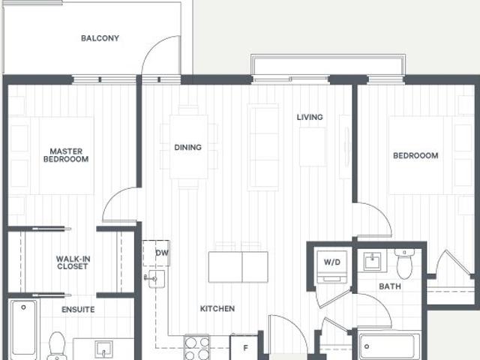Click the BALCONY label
point(100,38)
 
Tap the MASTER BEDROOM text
point(65,154)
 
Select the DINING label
point(187,148)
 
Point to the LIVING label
point(309,117)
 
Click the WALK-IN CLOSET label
point(73,262)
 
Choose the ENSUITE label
point(78,309)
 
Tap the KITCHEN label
point(217,308)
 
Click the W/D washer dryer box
point(331,262)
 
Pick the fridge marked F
point(244,348)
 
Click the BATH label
point(389,286)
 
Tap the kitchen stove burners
point(197,348)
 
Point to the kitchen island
point(238,266)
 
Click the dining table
point(187,146)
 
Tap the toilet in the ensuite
point(57,346)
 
